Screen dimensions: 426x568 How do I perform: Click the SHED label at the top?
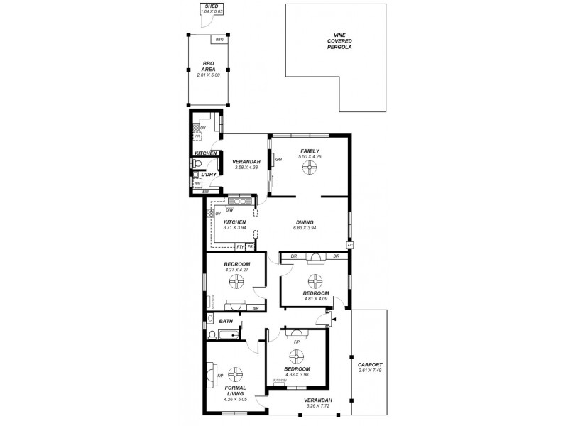[210, 6]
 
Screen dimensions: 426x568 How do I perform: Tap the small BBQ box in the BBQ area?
[219, 40]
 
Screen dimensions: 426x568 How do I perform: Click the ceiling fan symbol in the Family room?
[310, 168]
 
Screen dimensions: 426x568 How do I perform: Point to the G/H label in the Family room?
[278, 159]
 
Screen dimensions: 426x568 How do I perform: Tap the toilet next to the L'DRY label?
[196, 164]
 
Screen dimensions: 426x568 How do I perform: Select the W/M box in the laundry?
[197, 182]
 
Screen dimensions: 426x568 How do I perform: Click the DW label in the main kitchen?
[229, 209]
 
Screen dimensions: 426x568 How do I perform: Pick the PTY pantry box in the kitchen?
[240, 247]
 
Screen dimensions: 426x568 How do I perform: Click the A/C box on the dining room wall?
[349, 245]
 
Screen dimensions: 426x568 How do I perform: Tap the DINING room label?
[305, 223]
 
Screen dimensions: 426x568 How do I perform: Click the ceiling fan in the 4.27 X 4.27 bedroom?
[235, 283]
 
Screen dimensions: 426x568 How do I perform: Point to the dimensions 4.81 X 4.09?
[316, 298]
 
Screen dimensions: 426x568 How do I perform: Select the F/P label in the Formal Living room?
[220, 375]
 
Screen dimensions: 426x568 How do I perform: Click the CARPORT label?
[370, 364]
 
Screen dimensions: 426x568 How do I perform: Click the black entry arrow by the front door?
[334, 320]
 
